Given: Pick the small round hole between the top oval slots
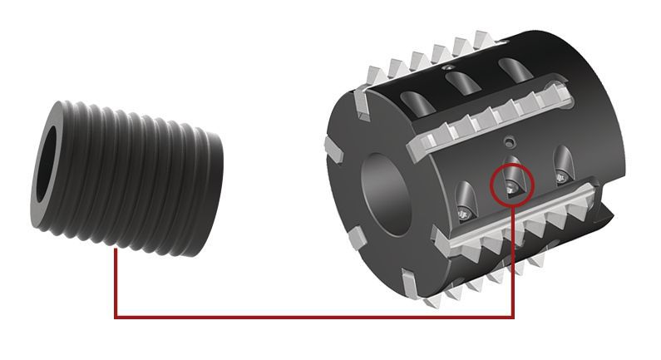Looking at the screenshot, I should click(450, 67).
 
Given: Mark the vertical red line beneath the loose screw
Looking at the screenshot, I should click(116, 283).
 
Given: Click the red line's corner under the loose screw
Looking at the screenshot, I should click(116, 317).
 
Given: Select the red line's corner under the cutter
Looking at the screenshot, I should click(513, 317).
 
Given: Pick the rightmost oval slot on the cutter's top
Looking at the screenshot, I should click(507, 70).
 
